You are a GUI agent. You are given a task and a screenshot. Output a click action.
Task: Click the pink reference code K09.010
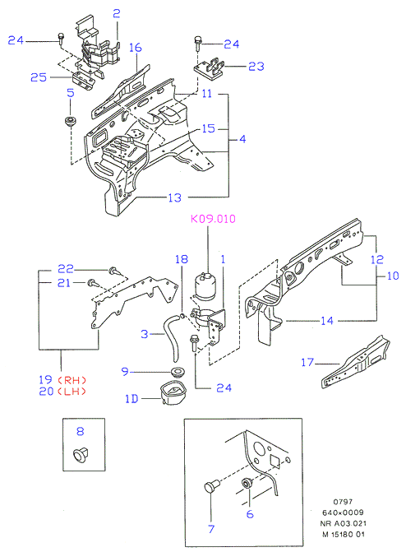[x=213, y=219]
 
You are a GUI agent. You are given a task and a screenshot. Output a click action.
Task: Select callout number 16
[x=135, y=48]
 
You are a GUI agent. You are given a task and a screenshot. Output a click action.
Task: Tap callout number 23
[x=256, y=66]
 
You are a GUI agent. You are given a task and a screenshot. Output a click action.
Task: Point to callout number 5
[x=71, y=93]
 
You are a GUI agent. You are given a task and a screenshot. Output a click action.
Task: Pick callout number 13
[x=174, y=197]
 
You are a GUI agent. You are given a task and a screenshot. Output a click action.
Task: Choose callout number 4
[x=242, y=139]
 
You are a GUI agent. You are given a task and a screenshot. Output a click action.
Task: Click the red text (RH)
[x=72, y=380]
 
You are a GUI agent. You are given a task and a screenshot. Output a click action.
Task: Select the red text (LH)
[x=72, y=392]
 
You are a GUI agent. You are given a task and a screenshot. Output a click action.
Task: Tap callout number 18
[x=182, y=259]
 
